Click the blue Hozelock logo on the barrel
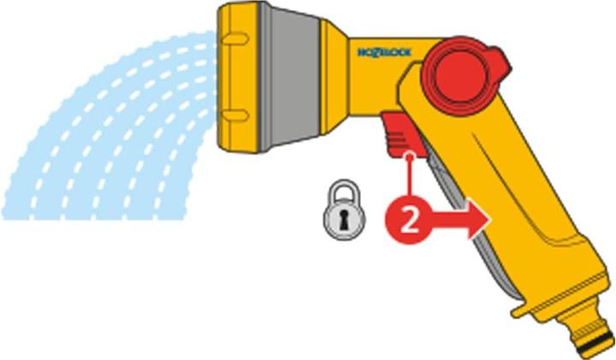pyautogui.click(x=384, y=52)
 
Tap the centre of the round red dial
pyautogui.click(x=461, y=75)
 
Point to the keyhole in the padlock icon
pyautogui.click(x=344, y=221)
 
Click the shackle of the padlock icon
pyautogui.click(x=345, y=191)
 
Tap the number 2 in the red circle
pyautogui.click(x=409, y=221)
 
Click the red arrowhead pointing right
pyautogui.click(x=479, y=219)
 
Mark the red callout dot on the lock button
pyautogui.click(x=410, y=156)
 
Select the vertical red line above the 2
pyautogui.click(x=410, y=178)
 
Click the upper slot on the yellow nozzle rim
pyautogui.click(x=235, y=38)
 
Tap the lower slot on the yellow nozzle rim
pyautogui.click(x=235, y=115)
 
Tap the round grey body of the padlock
pyautogui.click(x=345, y=219)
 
